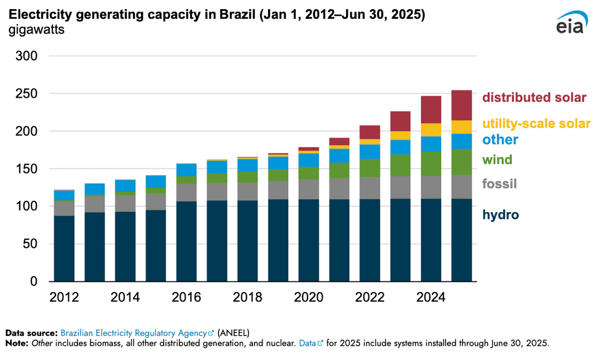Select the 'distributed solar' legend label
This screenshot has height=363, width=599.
click(x=534, y=98)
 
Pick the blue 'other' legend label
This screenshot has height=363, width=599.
click(x=500, y=140)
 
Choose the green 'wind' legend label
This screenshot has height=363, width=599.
click(x=497, y=160)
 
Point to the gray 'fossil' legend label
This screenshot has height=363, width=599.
click(x=499, y=184)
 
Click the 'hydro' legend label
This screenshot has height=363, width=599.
click(x=500, y=215)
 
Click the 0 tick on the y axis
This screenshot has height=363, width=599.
click(x=35, y=282)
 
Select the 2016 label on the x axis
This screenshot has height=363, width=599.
click(x=186, y=297)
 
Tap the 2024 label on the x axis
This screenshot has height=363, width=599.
click(x=431, y=297)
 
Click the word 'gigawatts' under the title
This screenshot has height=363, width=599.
click(x=36, y=29)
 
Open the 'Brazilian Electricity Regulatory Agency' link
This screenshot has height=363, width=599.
click(x=134, y=332)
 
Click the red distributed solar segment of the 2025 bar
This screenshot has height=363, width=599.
click(x=462, y=105)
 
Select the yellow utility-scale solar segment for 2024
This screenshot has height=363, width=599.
click(x=431, y=130)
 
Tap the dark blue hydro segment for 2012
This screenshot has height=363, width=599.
click(x=64, y=248)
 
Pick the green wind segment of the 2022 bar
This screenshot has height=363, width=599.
click(x=370, y=168)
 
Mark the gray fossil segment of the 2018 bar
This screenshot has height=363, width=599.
click(x=248, y=191)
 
